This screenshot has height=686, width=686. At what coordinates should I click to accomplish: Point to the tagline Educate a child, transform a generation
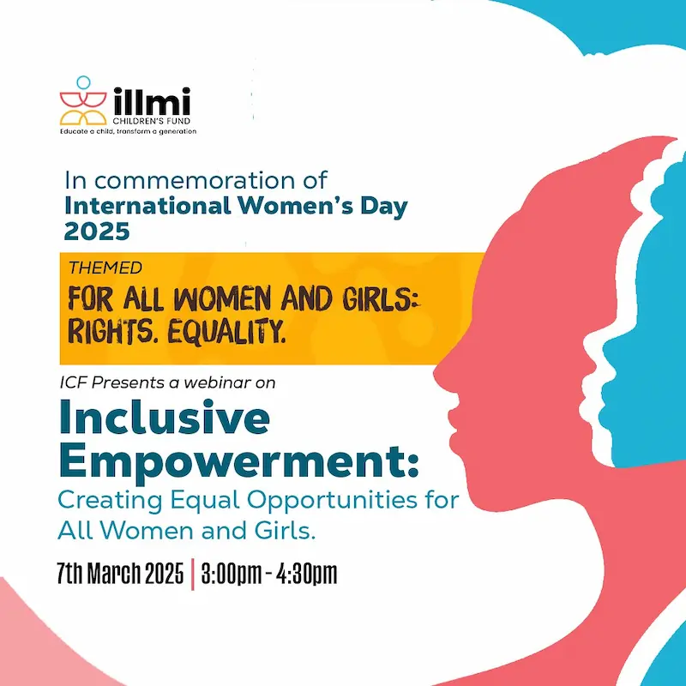tap(128, 131)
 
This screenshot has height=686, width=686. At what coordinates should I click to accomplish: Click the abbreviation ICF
tap(75, 384)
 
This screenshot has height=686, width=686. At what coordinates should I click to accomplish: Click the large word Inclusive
tap(164, 419)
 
